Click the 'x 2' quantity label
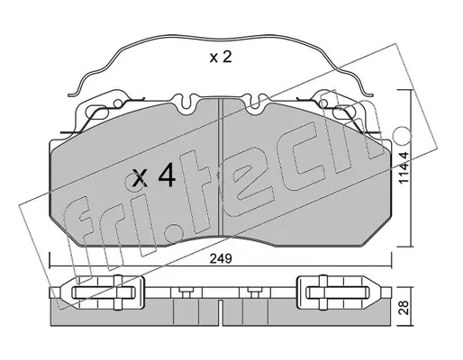coord(221,57)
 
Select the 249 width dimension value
coord(221,258)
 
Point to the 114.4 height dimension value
coord(404,167)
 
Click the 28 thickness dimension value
coord(404,308)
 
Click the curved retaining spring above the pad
coord(221,37)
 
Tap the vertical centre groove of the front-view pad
coord(221,166)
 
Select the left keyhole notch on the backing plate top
coord(186,102)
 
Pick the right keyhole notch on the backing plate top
coord(255,102)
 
